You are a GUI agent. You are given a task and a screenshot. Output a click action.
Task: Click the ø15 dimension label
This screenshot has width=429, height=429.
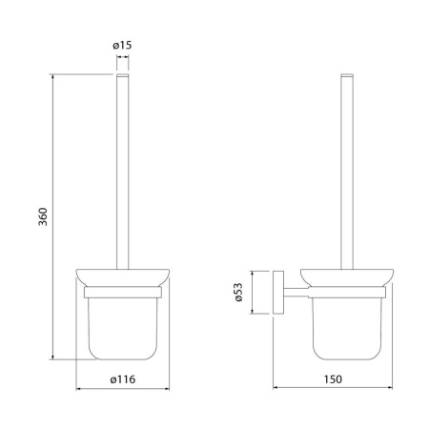coord(122,46)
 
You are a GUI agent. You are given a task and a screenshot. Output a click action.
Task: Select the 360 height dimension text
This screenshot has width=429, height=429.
coord(43,216)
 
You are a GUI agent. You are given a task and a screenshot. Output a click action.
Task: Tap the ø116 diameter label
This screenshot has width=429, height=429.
coord(123,379)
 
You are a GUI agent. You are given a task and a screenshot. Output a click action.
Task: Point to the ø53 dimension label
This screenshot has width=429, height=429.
coord(239,292)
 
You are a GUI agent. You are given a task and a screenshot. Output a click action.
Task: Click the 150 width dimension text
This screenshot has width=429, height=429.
coord(333,379)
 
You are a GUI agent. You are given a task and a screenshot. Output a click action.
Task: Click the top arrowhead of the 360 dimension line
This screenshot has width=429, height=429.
coord(52,76)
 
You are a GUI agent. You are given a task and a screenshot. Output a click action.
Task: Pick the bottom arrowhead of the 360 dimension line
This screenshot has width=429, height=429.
coord(52,357)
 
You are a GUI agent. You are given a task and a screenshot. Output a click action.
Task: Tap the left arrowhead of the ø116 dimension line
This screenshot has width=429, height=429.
coord(78,388)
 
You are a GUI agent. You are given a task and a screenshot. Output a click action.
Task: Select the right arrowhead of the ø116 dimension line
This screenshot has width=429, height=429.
coord(167,388)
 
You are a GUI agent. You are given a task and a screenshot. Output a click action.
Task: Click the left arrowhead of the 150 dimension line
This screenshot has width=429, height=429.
coord(276,387)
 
